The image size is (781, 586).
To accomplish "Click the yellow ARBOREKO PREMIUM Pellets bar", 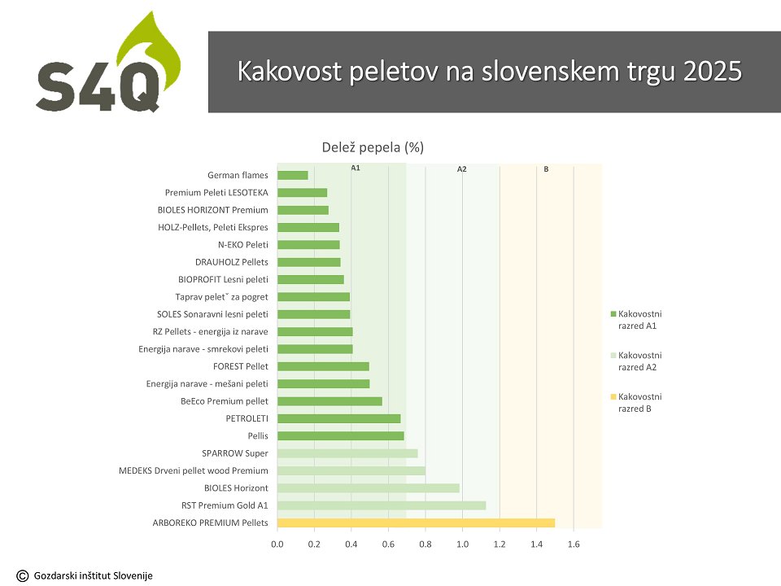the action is click(x=416, y=523).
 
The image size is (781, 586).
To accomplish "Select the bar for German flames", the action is click(x=292, y=176).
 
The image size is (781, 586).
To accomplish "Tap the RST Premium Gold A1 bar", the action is click(x=382, y=505).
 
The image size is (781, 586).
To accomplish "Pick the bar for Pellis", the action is click(x=341, y=436).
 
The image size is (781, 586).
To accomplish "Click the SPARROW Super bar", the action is click(x=347, y=453).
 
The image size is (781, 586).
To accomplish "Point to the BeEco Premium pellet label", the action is click(x=225, y=401).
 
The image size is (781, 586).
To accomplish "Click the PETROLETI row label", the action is click(x=247, y=418).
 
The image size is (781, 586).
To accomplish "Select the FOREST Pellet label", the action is click(x=241, y=366).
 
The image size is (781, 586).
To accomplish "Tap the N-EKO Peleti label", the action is click(x=243, y=245).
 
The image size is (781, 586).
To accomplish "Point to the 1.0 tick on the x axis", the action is click(x=462, y=544).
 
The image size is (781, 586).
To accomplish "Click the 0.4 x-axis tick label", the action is click(x=351, y=544).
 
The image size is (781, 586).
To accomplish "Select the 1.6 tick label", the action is click(x=574, y=544).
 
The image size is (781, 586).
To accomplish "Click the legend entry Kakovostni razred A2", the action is click(x=636, y=361).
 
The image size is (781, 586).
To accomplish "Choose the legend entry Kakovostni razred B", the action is click(x=636, y=403).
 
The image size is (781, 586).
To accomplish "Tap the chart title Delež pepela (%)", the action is click(x=373, y=147).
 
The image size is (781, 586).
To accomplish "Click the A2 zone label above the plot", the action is click(x=462, y=169).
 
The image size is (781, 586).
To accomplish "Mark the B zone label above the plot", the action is click(x=546, y=169).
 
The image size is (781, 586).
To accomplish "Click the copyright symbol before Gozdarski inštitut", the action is click(x=23, y=576).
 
